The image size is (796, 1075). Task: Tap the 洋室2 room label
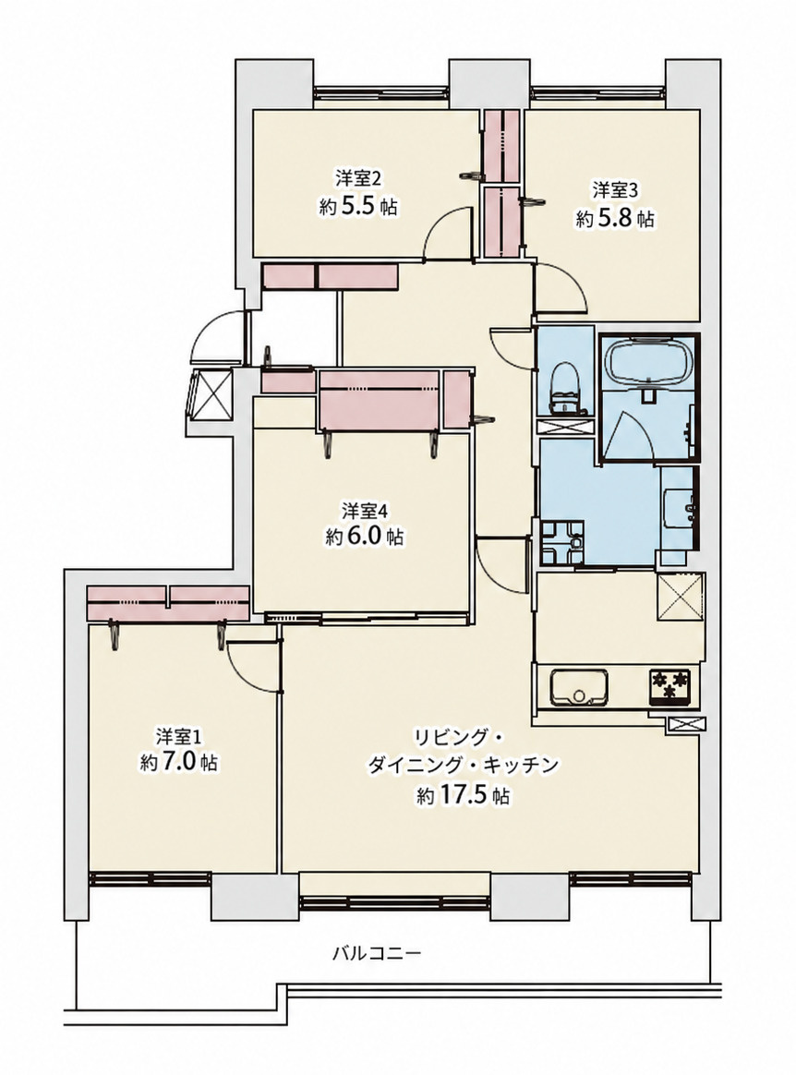tap(358, 179)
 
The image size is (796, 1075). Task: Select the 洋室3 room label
tap(615, 189)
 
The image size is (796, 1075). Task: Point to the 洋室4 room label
tap(366, 511)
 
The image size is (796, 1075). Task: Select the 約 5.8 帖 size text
tap(615, 219)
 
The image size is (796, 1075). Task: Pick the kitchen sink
tap(579, 686)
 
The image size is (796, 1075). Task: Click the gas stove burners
tap(669, 685)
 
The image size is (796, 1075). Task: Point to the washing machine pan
tap(561, 542)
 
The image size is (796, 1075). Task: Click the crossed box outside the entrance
tap(211, 394)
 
